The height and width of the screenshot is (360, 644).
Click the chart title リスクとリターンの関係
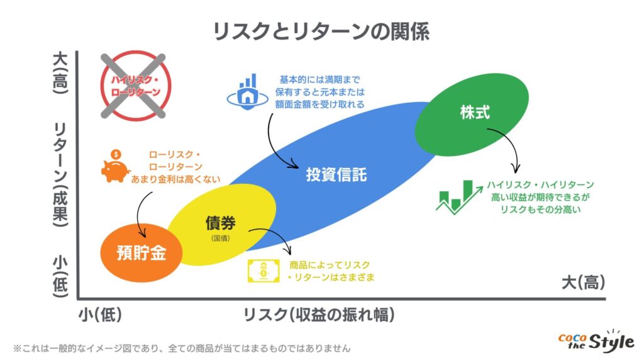[321, 32]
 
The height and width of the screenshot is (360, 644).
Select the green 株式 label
[475, 112]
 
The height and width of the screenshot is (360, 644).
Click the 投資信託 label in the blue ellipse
[336, 175]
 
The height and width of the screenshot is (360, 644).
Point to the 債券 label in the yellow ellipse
[221, 223]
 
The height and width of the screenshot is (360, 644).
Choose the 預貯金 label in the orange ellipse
[142, 252]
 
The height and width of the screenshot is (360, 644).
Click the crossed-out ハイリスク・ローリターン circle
[136, 86]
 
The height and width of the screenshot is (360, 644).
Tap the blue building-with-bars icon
[248, 92]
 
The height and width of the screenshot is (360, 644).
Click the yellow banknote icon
[264, 271]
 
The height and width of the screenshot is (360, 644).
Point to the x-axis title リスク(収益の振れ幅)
[319, 315]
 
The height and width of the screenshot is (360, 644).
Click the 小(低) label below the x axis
[100, 315]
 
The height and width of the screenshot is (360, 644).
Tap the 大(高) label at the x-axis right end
[583, 283]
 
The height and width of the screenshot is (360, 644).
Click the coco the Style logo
[596, 341]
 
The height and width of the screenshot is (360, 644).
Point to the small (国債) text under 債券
[221, 238]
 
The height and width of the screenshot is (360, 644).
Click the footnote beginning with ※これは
[182, 349]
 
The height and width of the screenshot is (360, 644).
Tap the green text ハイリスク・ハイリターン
[540, 185]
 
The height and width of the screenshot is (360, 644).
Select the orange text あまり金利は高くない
[176, 179]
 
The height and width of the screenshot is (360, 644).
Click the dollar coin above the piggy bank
[116, 155]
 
